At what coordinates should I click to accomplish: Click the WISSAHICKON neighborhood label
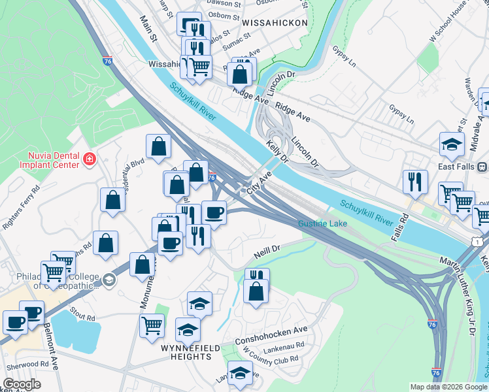pyautogui.click(x=275, y=22)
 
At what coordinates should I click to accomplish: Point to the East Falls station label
pyautogui.click(x=456, y=166)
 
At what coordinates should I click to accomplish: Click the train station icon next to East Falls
pyautogui.click(x=484, y=166)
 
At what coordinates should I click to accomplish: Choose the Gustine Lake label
pyautogui.click(x=322, y=224)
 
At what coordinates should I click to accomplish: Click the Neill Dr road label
pyautogui.click(x=266, y=250)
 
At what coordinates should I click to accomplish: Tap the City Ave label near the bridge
pyautogui.click(x=259, y=184)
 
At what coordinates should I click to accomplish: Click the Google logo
pyautogui.click(x=22, y=385)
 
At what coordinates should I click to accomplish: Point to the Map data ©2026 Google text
pyautogui.click(x=448, y=387)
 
